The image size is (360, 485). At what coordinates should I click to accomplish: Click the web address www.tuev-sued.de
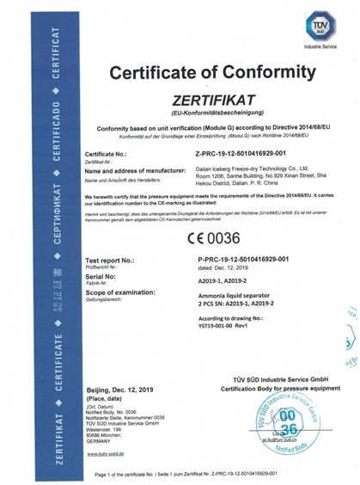[107, 453]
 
